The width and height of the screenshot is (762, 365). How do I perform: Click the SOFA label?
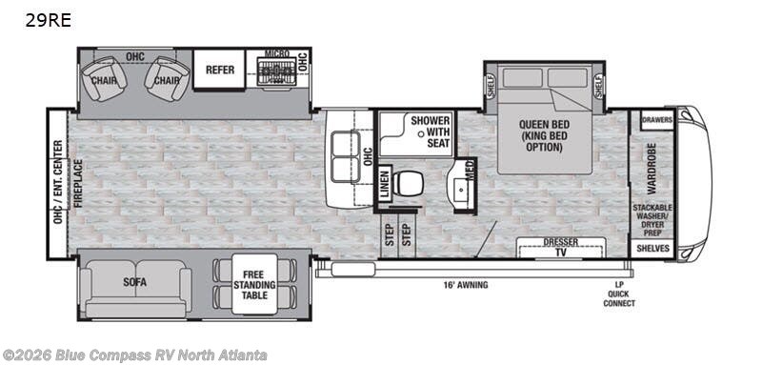click(x=134, y=283)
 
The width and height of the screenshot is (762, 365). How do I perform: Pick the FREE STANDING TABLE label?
click(x=253, y=283)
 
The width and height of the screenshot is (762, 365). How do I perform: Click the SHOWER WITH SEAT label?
click(x=430, y=132)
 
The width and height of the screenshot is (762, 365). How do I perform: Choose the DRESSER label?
click(x=562, y=242)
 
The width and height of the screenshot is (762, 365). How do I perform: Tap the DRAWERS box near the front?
click(x=656, y=120)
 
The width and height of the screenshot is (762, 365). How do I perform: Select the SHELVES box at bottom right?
click(x=653, y=249)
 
